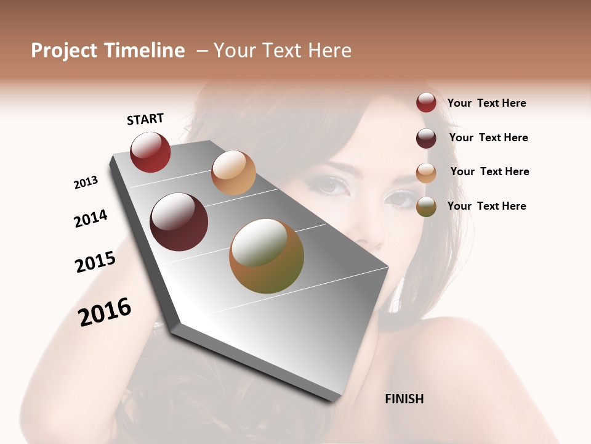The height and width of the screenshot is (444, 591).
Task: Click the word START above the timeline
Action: tap(145, 119)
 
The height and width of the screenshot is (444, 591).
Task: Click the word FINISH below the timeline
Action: tap(404, 399)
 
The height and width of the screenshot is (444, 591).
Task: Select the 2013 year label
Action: tap(86, 183)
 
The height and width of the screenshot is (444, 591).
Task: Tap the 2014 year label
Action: tap(90, 219)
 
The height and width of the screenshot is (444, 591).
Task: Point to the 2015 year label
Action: tap(95, 262)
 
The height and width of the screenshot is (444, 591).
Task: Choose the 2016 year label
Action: tap(105, 311)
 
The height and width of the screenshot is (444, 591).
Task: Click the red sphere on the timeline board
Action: tap(150, 152)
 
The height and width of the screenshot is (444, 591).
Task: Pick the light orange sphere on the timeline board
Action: tap(233, 172)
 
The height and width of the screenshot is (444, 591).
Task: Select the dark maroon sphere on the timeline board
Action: tap(179, 222)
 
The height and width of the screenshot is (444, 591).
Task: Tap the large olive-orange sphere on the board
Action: tap(267, 256)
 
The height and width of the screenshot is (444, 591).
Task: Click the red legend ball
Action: tap(426, 102)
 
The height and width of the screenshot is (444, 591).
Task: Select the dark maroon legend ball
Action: tap(426, 138)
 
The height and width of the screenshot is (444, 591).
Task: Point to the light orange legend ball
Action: tap(426, 173)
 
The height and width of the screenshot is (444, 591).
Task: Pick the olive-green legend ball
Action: tap(426, 207)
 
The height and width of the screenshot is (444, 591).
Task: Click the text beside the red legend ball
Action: tap(486, 103)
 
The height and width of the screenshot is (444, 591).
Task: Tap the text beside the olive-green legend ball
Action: tap(486, 206)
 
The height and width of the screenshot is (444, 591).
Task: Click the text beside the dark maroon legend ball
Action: tap(488, 138)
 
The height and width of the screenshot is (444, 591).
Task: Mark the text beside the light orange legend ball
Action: tap(489, 171)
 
